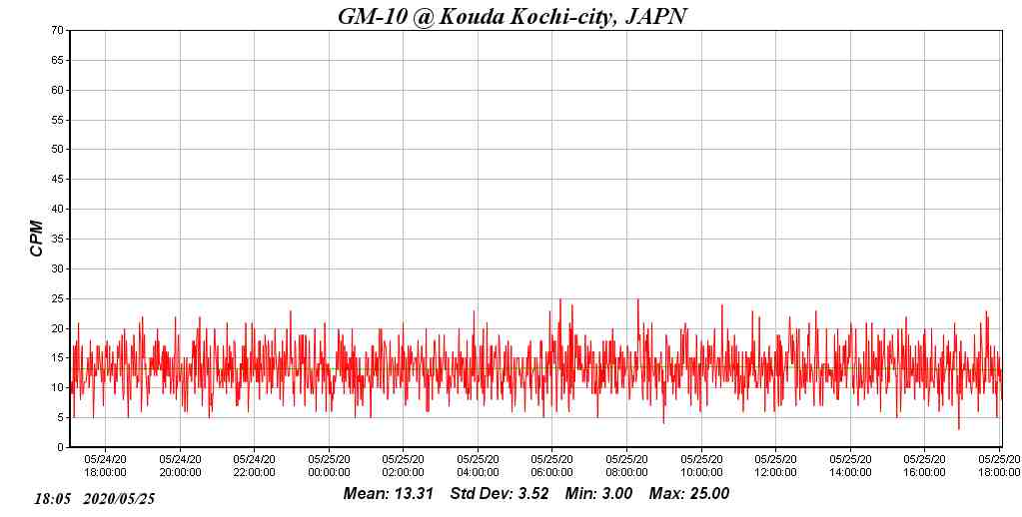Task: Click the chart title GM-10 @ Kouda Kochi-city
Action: (512, 16)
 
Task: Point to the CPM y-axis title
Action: (37, 239)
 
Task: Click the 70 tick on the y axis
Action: (58, 30)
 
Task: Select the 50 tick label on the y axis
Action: (58, 150)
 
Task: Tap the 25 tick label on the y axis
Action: (58, 298)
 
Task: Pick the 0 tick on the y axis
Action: (61, 447)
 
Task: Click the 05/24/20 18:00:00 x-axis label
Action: (105, 466)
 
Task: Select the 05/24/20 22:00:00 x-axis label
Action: (254, 466)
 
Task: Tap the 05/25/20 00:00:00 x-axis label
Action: (329, 466)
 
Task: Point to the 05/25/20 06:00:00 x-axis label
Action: (552, 466)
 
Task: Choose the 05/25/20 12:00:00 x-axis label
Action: (775, 466)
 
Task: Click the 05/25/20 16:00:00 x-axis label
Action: (924, 466)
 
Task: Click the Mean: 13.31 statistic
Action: (388, 493)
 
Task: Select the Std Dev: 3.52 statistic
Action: (500, 493)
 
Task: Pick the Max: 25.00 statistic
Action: (689, 493)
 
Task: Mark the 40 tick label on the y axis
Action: (58, 209)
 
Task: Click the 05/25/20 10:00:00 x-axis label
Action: (701, 466)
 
